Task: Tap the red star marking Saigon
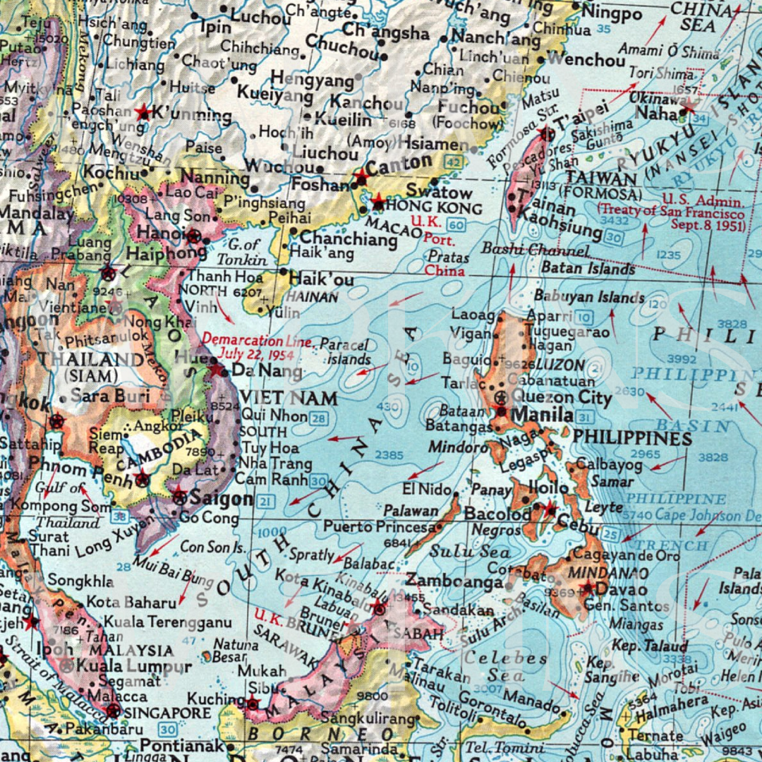(179, 497)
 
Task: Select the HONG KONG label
(434, 208)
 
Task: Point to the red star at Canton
(361, 176)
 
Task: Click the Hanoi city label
(161, 234)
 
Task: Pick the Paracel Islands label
(346, 351)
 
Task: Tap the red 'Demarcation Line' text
(255, 341)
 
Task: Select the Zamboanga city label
(454, 582)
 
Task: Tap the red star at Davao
(587, 587)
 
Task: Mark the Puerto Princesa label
(379, 526)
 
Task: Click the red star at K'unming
(143, 112)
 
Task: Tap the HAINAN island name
(312, 298)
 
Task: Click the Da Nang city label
(267, 371)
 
